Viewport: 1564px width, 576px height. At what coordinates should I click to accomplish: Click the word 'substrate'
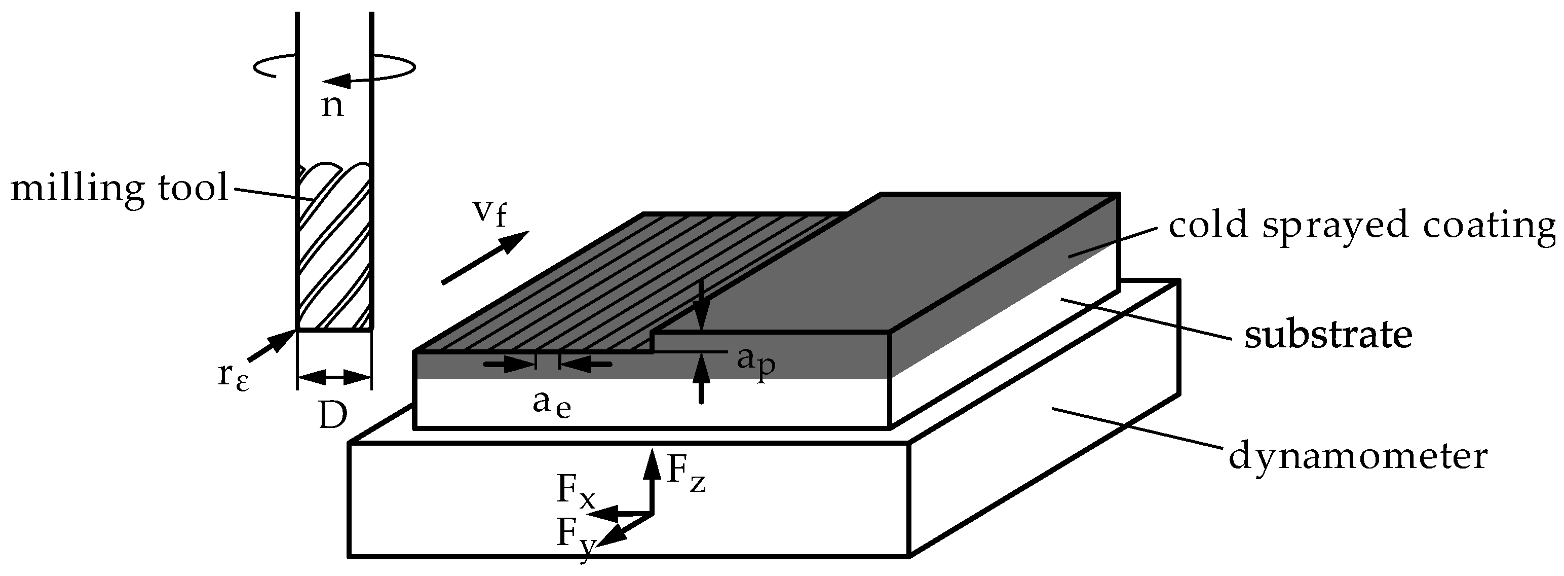(x=1328, y=335)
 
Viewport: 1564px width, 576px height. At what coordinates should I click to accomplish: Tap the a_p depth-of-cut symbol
(x=755, y=362)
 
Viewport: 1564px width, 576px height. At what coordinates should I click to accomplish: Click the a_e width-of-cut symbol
(x=551, y=404)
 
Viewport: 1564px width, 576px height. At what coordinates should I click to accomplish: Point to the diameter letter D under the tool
(x=333, y=417)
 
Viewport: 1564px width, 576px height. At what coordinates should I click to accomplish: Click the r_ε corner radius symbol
(x=233, y=377)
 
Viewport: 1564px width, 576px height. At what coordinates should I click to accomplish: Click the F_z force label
(x=686, y=472)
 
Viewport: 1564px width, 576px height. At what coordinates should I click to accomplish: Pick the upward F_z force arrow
(x=652, y=480)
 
